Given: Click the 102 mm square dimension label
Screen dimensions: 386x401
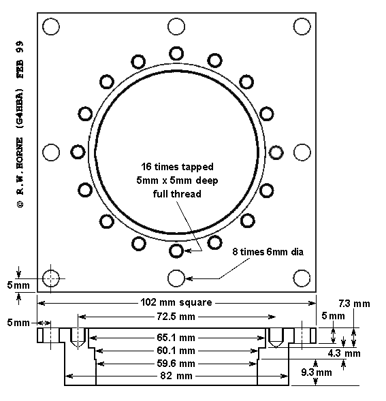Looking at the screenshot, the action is (176, 302).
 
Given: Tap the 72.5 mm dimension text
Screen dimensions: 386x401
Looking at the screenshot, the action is (176, 317).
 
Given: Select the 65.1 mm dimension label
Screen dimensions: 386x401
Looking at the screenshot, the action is (176, 338).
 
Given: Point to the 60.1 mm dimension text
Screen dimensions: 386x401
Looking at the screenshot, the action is (176, 351).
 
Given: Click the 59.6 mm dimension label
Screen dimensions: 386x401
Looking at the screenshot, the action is (176, 364).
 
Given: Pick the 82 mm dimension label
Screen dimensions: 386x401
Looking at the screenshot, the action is (176, 376).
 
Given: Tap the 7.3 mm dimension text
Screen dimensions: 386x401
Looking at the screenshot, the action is (354, 304).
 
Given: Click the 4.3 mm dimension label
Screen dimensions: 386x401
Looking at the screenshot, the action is (344, 353).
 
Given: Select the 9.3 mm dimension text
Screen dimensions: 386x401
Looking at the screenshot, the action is (317, 372).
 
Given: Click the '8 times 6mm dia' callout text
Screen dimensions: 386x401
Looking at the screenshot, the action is (268, 252).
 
